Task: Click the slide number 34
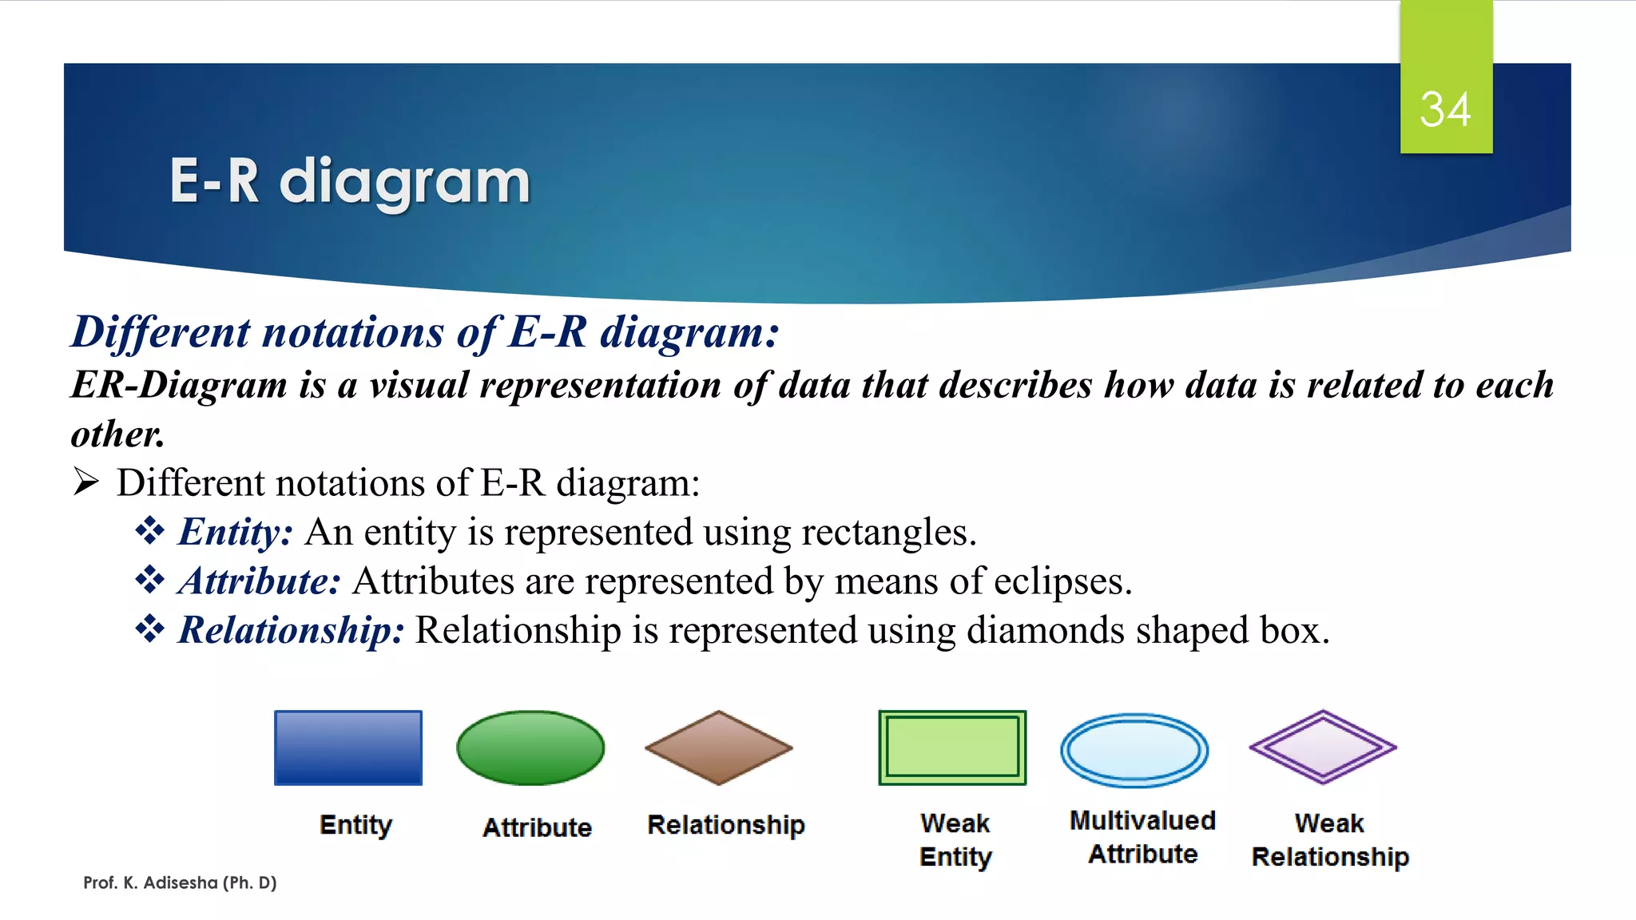pos(1445,109)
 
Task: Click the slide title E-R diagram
pos(350,181)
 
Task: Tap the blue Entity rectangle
pos(348,747)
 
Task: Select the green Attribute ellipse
pos(530,747)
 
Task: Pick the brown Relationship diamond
pos(719,747)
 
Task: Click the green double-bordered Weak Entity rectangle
pos(952,747)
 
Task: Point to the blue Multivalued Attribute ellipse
pos(1134,750)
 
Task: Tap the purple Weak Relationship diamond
pos(1323,747)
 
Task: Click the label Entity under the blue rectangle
pos(355,824)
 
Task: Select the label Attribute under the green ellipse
pos(537,827)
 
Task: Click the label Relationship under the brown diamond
pos(725,824)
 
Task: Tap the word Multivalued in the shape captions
pos(1142,820)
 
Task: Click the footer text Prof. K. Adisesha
pos(180,882)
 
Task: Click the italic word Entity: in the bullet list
pos(236,532)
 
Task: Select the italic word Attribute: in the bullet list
pos(260,581)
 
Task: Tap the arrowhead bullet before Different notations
pos(85,482)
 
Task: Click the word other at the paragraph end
pos(117,434)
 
